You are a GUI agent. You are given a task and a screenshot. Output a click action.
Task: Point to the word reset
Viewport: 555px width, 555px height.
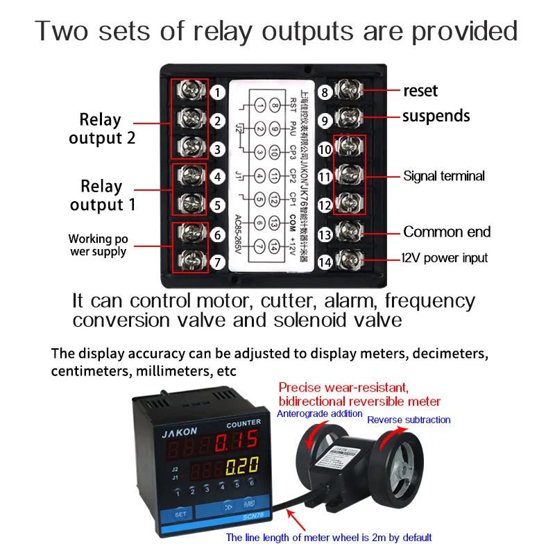point(420,91)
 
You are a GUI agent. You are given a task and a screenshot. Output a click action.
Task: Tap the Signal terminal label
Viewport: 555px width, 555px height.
point(444,176)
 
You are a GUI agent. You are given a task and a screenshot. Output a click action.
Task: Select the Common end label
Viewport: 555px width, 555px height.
point(447,232)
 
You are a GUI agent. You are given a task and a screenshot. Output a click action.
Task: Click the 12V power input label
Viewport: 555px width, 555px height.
point(445,258)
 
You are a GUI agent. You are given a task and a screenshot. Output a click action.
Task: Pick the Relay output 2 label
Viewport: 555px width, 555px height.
point(102,128)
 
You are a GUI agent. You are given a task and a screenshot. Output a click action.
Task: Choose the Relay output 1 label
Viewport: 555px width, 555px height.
point(101,196)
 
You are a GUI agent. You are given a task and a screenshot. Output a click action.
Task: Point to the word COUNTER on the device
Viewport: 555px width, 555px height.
point(244,422)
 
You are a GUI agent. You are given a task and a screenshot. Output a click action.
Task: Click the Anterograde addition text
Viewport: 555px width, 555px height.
point(320,414)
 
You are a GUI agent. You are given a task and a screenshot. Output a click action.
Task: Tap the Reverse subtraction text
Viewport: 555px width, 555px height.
point(409,420)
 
